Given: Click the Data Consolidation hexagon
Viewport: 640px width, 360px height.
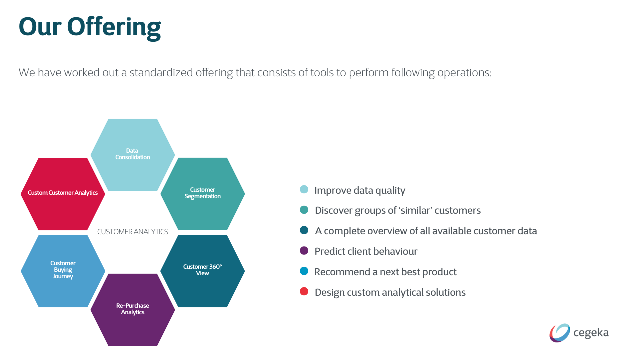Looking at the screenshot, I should [132, 155].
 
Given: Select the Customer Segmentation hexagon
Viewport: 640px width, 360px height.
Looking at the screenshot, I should [202, 194].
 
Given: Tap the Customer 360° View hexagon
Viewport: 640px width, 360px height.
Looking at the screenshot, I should [202, 271].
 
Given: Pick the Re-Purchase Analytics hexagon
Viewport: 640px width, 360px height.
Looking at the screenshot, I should [132, 310].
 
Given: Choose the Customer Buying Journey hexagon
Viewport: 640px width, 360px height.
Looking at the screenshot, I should [63, 271].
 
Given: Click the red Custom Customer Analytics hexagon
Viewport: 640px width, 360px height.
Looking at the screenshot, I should [63, 194].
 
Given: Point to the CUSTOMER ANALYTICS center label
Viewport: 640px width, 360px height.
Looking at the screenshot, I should [133, 232].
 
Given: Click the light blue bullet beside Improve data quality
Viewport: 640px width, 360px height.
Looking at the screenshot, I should [304, 189].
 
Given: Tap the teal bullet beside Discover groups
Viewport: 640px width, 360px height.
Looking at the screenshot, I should [304, 210].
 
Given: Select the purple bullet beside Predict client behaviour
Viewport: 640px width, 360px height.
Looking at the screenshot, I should [304, 251].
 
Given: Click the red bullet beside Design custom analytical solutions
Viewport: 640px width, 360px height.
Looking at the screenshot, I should [304, 291].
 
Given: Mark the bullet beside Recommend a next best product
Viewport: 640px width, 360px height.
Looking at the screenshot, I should [304, 271].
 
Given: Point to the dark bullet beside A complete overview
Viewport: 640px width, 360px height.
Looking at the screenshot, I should [304, 230].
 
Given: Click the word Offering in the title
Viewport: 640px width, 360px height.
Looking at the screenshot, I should [114, 27].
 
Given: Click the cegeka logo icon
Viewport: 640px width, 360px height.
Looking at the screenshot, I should [560, 333].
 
